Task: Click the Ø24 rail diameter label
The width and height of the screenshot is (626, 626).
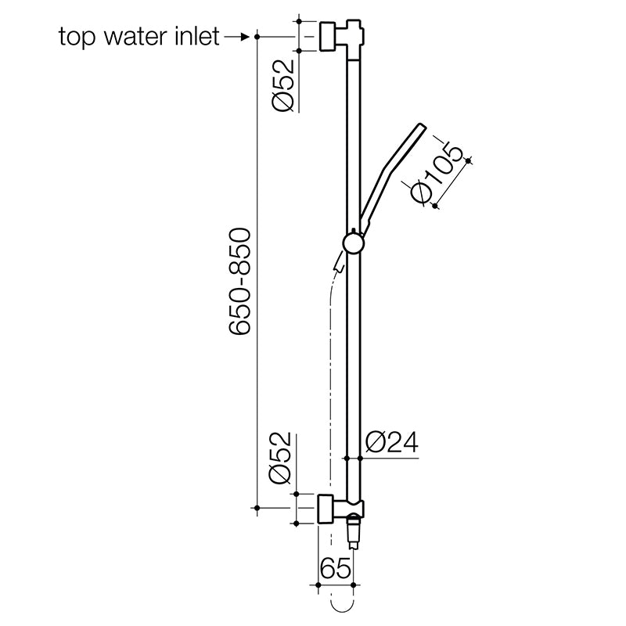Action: click(391, 443)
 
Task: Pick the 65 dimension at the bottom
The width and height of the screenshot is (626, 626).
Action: click(334, 567)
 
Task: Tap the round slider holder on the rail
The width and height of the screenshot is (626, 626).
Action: click(354, 243)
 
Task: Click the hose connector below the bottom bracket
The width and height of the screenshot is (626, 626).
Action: click(354, 532)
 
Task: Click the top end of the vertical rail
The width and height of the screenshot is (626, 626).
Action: click(354, 23)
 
